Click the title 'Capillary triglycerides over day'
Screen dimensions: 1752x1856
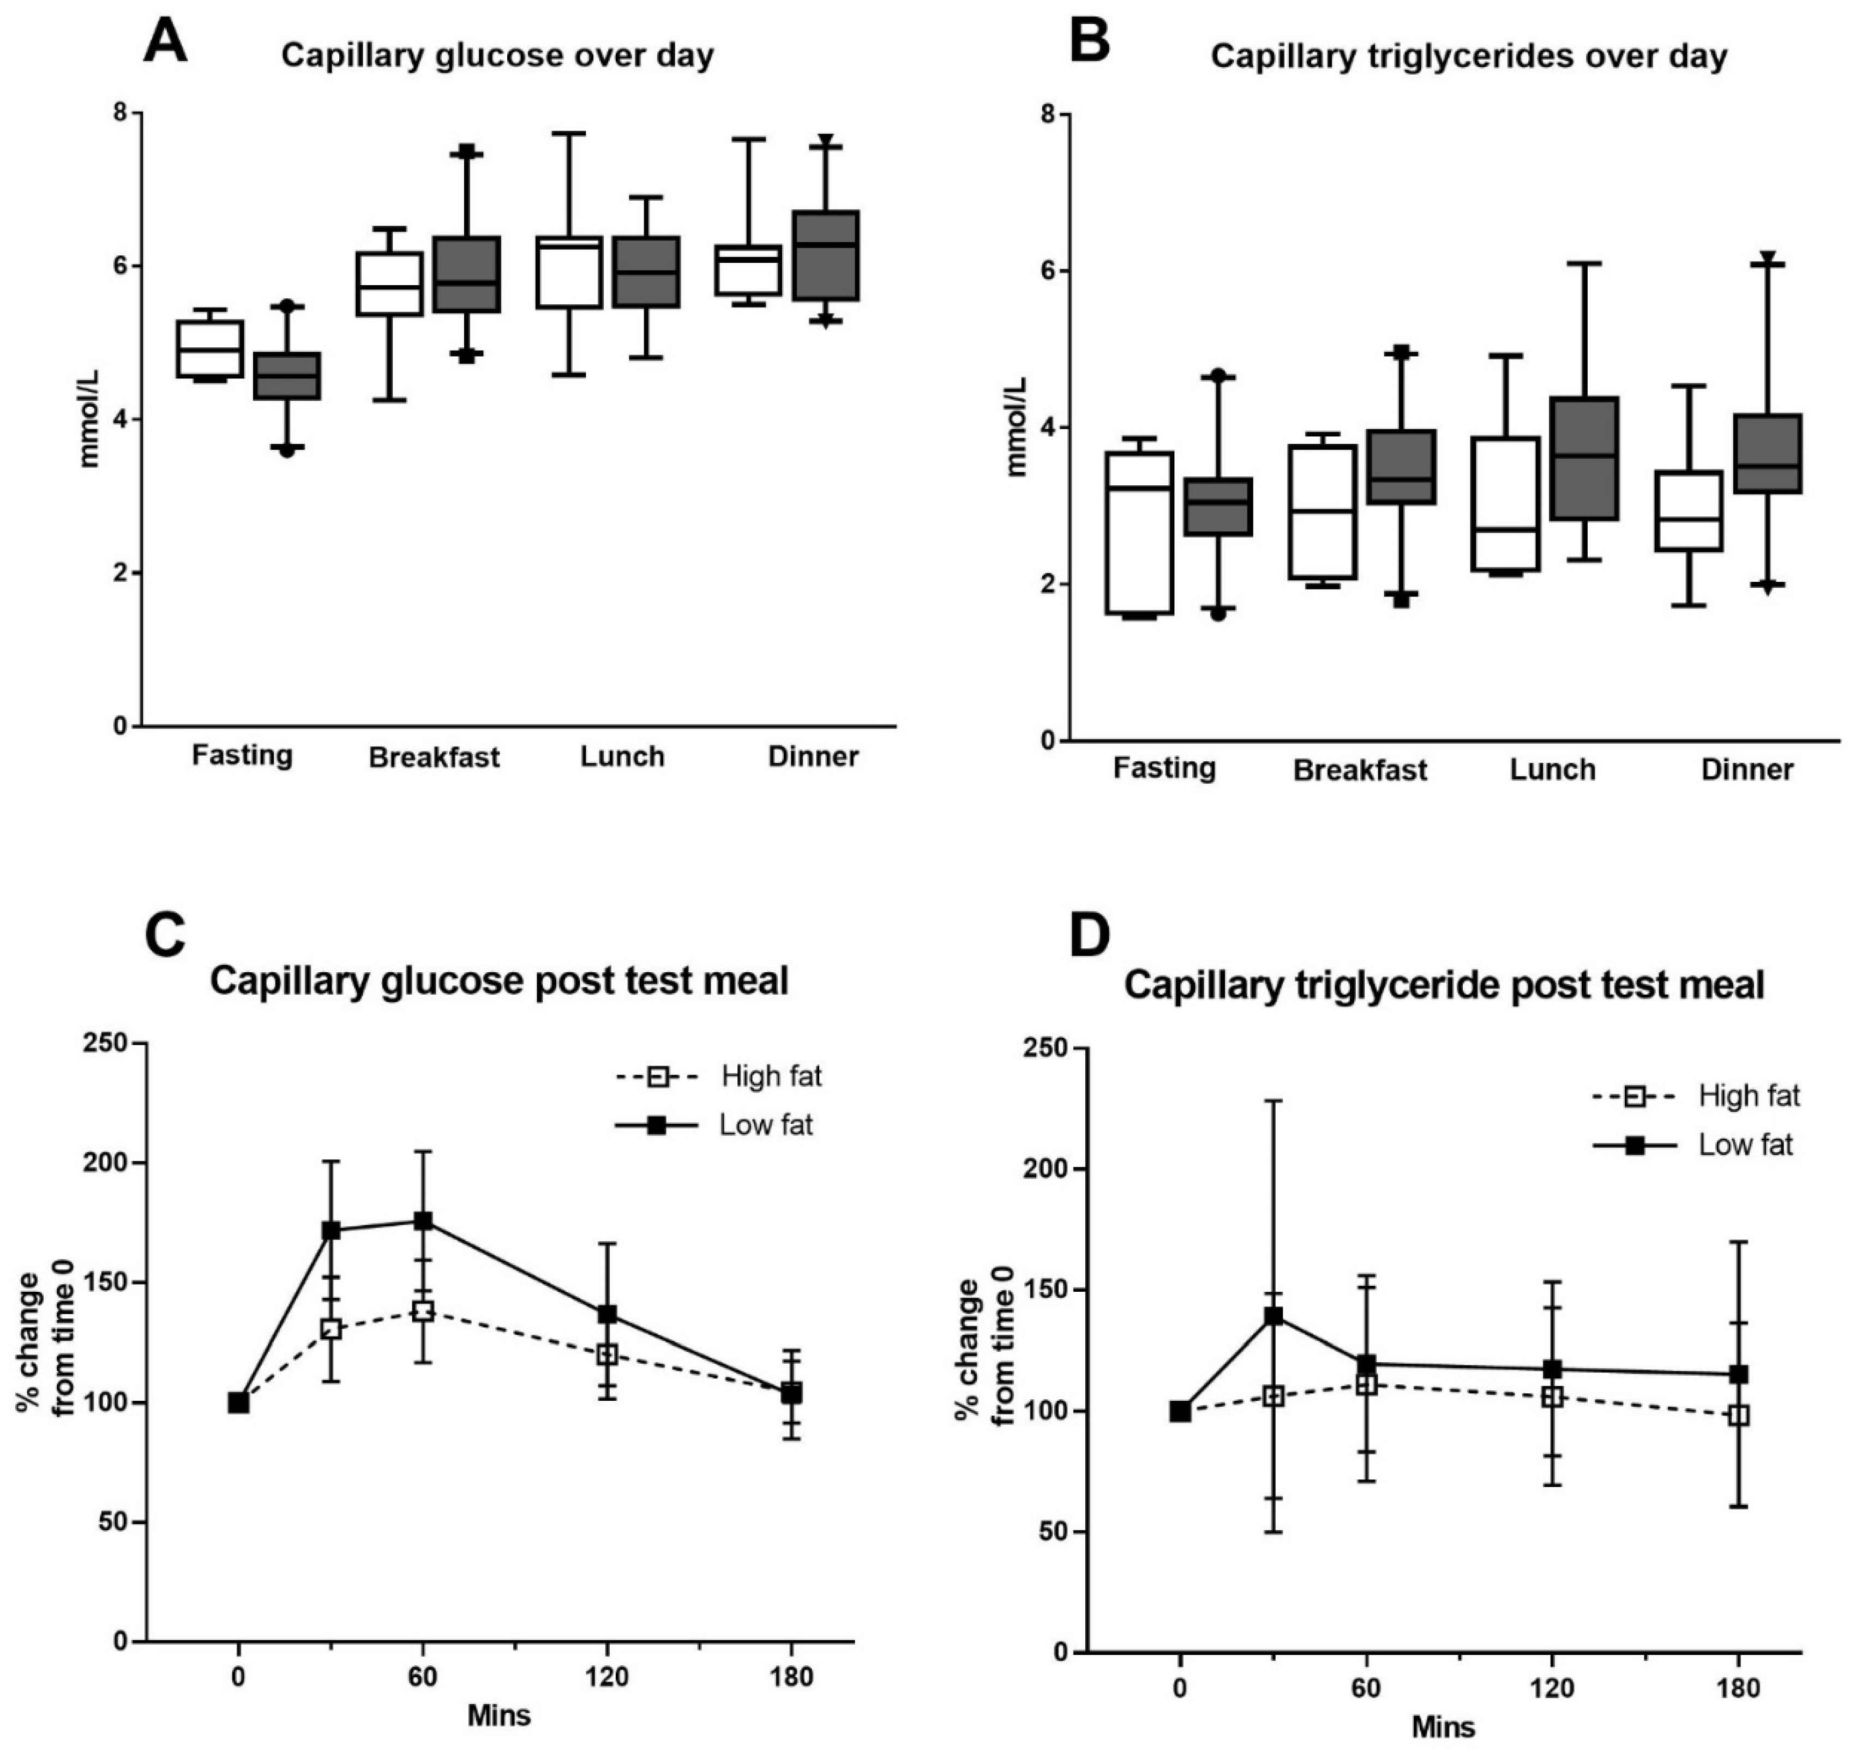(x=1468, y=56)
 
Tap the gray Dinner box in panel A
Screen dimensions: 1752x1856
(x=826, y=256)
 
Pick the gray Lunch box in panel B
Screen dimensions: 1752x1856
(x=1584, y=459)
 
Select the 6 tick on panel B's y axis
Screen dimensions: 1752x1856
(x=1048, y=271)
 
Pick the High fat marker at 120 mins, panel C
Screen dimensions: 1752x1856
(x=607, y=1354)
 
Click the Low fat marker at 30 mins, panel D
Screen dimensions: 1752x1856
(x=1272, y=1317)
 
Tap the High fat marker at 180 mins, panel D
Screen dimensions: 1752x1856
(x=1738, y=1415)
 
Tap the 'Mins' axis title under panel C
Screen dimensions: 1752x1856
(x=499, y=1715)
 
